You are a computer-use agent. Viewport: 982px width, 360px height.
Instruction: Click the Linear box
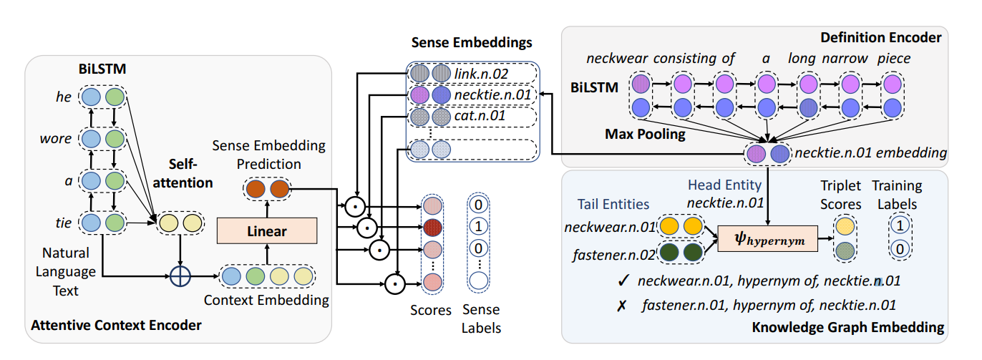point(266,231)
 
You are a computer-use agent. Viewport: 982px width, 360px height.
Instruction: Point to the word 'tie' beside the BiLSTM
point(64,223)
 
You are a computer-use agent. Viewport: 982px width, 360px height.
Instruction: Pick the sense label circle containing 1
point(478,227)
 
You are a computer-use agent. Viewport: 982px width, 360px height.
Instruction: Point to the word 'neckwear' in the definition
point(616,58)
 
